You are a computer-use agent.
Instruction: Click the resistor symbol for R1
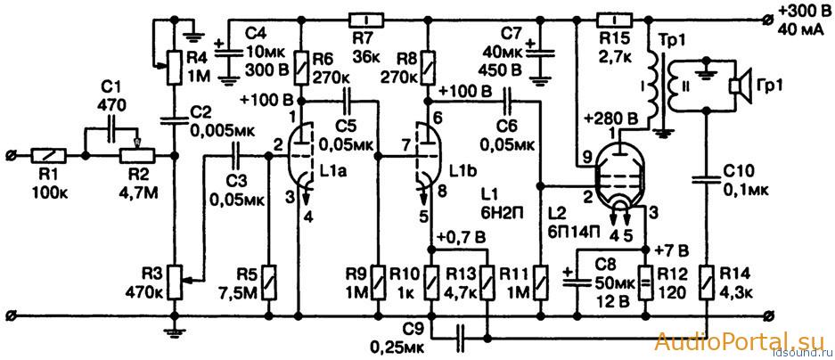click(x=48, y=157)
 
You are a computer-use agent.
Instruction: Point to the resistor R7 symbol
click(x=366, y=20)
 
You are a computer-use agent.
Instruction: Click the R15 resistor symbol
click(x=615, y=20)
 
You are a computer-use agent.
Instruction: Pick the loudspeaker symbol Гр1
click(x=740, y=85)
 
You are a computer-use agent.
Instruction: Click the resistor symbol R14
click(x=706, y=282)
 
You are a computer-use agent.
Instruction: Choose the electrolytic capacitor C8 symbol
click(x=577, y=280)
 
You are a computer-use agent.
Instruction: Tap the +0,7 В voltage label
click(x=462, y=236)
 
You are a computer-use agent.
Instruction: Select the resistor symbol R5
click(x=269, y=282)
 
